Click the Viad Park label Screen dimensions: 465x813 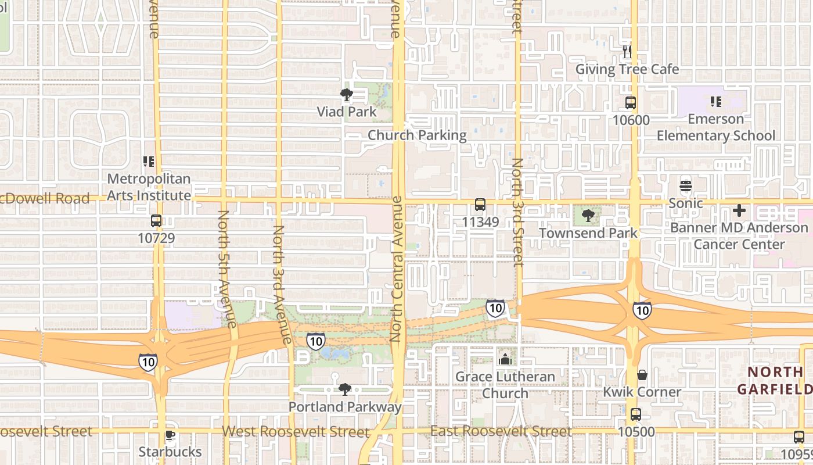coord(347,112)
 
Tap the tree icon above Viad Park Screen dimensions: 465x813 coord(347,95)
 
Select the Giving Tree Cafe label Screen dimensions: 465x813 coord(627,69)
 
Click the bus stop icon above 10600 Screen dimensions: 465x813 coord(630,103)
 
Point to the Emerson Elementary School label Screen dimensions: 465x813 coord(715,127)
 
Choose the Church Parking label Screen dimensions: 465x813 coord(417,135)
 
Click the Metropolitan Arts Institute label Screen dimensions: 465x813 coord(149,187)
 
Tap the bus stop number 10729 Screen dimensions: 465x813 coord(156,238)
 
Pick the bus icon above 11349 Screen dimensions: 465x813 coord(480,205)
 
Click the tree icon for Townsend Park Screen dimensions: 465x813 coord(588,216)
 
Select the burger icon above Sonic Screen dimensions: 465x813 coord(686,187)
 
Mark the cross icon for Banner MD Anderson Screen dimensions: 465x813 coord(739,210)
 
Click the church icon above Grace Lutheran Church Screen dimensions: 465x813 coord(505,359)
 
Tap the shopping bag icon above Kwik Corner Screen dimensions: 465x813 coord(642,375)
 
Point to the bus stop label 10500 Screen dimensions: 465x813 coord(636,432)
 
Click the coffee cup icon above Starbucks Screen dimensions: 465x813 coord(170,435)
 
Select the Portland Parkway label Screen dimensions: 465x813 coord(345,407)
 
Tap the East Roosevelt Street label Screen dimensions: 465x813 coord(501,431)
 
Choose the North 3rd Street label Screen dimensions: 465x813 coord(517,212)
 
